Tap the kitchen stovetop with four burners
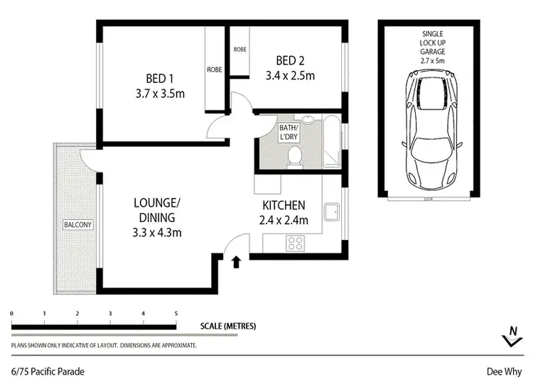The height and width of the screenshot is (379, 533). (x=294, y=243)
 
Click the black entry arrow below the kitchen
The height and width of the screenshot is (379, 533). (x=237, y=263)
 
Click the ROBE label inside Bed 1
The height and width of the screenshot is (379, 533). (x=214, y=70)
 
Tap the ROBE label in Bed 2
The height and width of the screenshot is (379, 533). (x=239, y=50)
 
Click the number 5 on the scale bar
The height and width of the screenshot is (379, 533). (x=176, y=313)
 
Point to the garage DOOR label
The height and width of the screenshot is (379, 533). (x=427, y=200)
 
